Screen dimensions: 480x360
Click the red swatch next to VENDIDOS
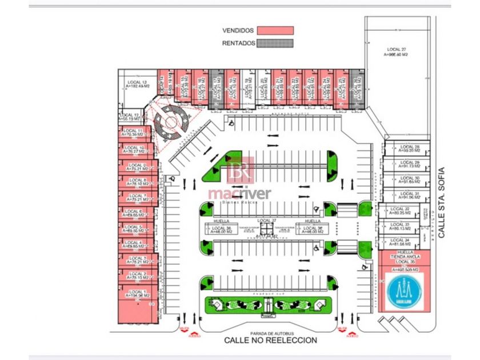click(x=275, y=30)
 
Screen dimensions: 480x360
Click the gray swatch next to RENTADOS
click(x=275, y=43)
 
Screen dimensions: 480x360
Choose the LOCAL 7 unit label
click(x=137, y=196)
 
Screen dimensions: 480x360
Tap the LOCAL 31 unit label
click(x=410, y=194)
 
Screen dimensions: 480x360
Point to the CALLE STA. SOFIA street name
click(x=441, y=203)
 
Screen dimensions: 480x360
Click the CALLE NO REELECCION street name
click(x=270, y=341)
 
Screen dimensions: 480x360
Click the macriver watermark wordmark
click(x=239, y=194)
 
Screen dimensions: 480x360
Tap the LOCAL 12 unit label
click(x=129, y=115)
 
